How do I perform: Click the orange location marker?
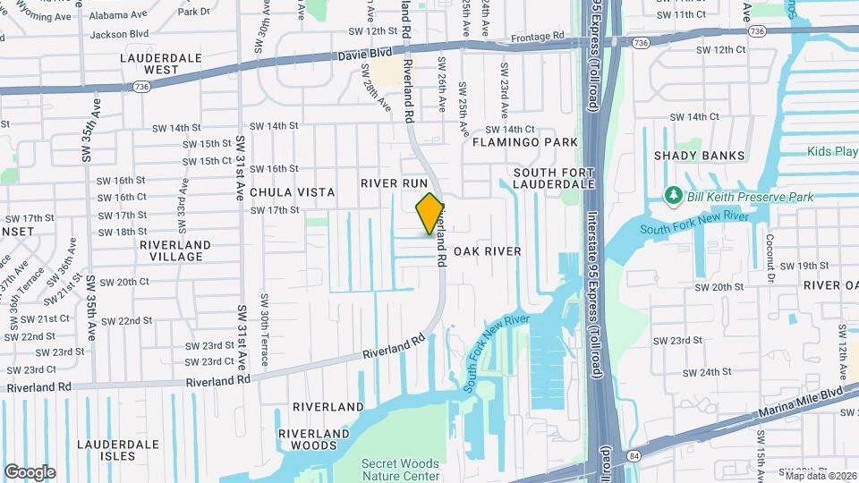point(430,213)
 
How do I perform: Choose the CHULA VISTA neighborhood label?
point(292,192)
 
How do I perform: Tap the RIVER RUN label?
point(395,182)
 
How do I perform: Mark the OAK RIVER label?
point(487,251)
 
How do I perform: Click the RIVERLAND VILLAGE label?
point(175,250)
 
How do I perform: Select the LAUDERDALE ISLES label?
point(118,450)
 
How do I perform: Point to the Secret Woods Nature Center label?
point(400,469)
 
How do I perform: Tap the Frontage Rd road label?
point(538,37)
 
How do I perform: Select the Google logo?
point(30,471)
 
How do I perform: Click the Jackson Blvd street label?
point(119,34)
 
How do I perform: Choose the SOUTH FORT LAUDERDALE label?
point(554,177)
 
